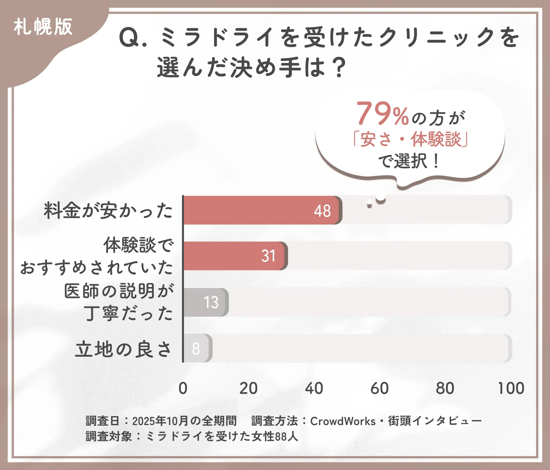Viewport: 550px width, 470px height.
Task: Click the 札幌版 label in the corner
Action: coord(43,27)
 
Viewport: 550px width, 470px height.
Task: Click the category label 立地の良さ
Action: coord(124,349)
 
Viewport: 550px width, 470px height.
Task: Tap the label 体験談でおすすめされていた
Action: coord(97,256)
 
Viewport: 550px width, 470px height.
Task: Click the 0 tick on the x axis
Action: coord(183,388)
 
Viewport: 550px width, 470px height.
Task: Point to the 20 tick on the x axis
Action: coord(248,388)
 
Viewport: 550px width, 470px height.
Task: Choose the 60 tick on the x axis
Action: coord(379,388)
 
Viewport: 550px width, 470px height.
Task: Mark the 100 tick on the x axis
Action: coord(511,388)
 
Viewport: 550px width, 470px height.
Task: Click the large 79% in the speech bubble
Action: coord(382,114)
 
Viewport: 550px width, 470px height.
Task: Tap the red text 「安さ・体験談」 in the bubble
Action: coord(410,139)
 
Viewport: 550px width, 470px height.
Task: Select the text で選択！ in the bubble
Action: coord(409,161)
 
